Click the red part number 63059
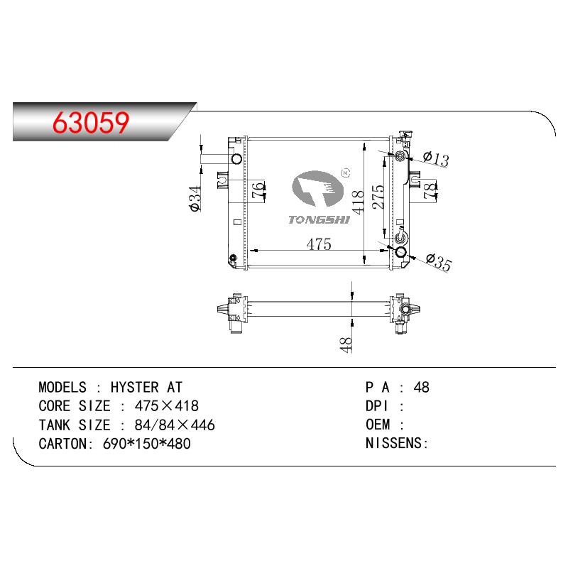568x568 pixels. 91,122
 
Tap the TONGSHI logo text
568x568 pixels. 319,220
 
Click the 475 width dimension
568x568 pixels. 319,244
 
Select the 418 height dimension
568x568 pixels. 358,202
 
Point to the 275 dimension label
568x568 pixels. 378,197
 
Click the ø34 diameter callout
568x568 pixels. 195,199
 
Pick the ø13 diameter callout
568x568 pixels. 436,158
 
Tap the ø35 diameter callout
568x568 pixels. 439,262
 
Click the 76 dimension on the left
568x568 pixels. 258,190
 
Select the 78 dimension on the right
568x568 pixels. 430,190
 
